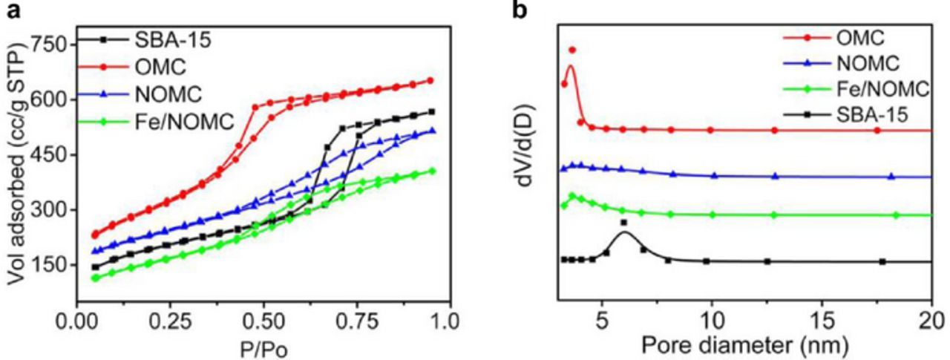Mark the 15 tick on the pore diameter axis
coord(822,323)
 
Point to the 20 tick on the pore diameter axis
coord(930,323)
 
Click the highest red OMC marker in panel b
coord(572,50)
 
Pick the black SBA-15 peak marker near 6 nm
coord(623,222)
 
